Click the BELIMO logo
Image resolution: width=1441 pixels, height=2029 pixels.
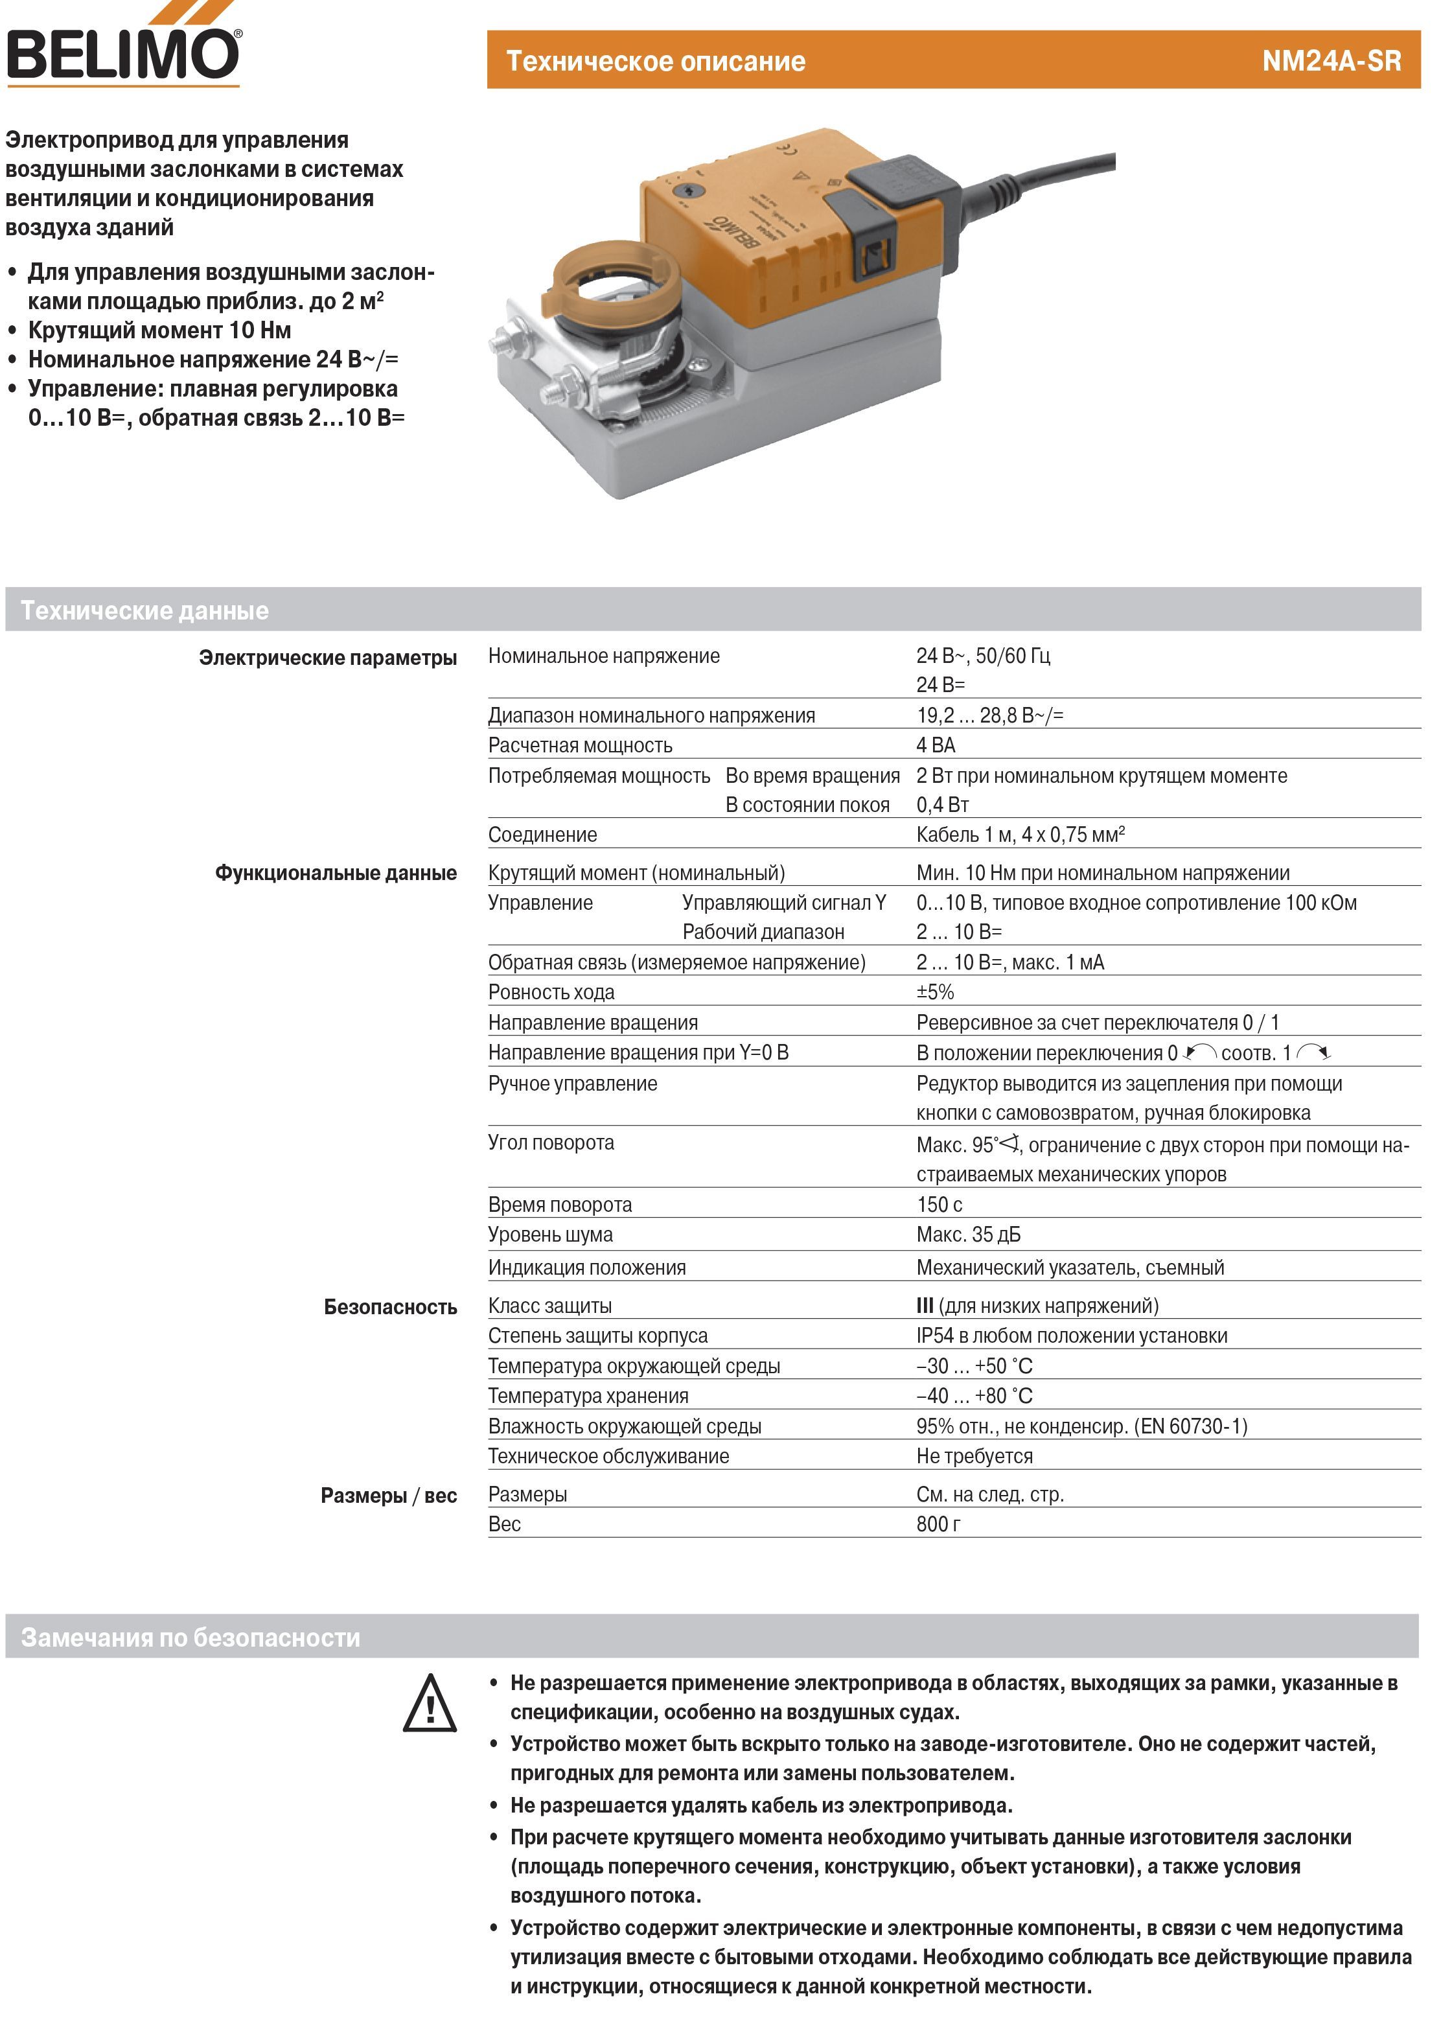click(122, 53)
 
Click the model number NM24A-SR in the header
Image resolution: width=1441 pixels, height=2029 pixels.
click(1331, 60)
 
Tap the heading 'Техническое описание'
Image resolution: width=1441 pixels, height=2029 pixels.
click(655, 60)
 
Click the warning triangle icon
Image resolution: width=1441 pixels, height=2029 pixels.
click(430, 1704)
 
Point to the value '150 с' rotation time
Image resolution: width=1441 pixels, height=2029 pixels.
click(939, 1204)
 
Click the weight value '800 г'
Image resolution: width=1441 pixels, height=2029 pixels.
click(938, 1524)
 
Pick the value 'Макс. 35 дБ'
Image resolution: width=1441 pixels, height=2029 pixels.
click(968, 1234)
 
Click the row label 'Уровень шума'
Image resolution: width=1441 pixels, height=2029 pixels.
click(550, 1234)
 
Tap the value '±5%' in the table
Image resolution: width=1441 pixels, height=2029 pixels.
click(935, 992)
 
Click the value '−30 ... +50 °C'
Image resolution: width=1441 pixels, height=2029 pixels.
click(974, 1365)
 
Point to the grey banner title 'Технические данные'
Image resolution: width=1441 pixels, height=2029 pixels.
click(144, 610)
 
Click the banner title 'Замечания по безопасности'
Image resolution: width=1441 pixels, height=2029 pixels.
click(190, 1637)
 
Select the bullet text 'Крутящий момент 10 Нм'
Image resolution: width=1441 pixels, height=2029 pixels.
click(160, 330)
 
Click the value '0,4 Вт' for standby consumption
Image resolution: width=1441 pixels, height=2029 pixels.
click(942, 805)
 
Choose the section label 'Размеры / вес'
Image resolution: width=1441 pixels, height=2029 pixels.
click(389, 1496)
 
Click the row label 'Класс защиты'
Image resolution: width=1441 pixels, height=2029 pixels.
click(549, 1305)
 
